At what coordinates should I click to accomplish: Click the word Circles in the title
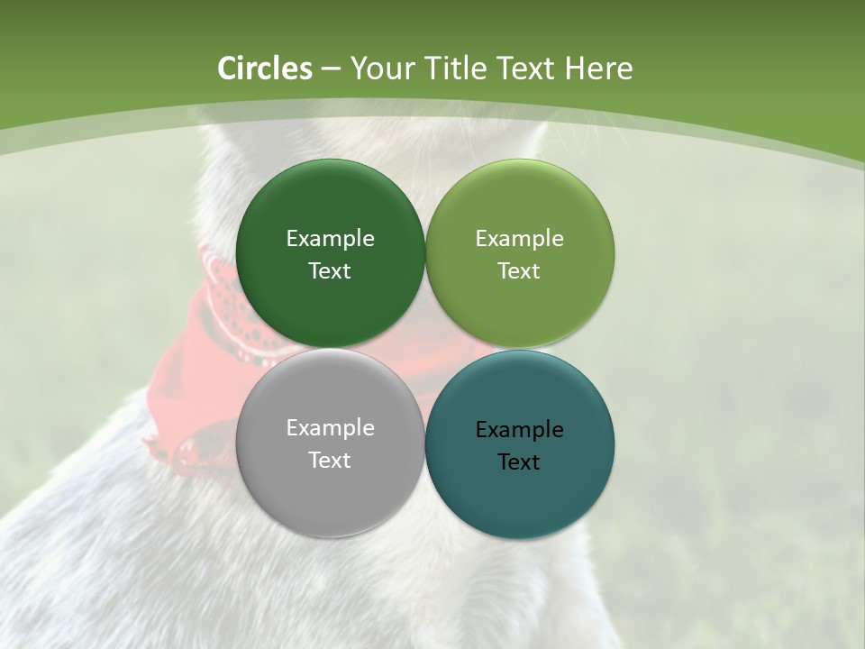[265, 69]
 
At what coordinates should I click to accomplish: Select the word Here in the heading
[598, 69]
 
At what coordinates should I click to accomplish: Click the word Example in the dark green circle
[330, 239]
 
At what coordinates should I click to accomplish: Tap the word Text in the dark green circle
[330, 271]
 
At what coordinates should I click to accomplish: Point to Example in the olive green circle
[519, 239]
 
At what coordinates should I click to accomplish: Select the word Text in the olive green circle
[519, 271]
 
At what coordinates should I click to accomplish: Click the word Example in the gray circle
[330, 428]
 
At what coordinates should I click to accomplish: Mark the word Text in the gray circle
[330, 461]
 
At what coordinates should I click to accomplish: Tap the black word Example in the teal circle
[519, 430]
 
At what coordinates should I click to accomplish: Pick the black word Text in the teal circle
[519, 462]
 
